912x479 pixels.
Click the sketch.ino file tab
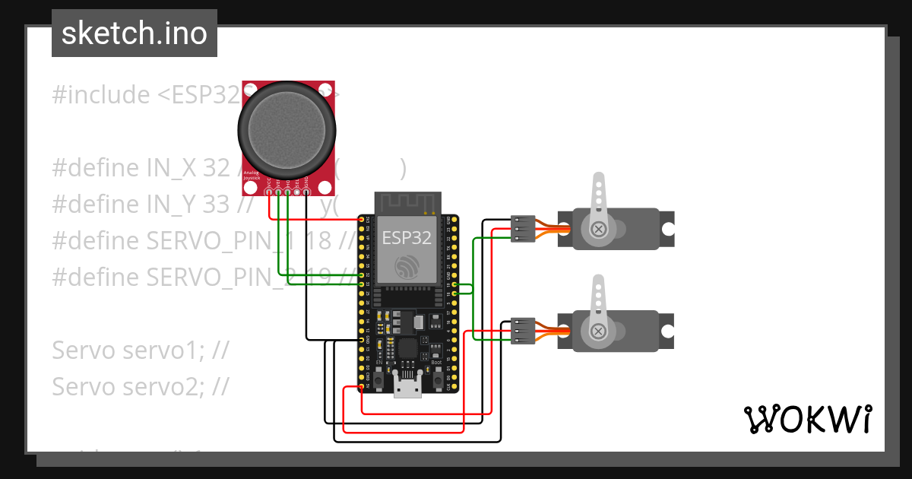point(134,33)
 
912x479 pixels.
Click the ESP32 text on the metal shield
point(407,238)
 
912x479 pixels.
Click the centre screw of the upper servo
point(599,228)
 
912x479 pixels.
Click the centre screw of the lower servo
point(599,331)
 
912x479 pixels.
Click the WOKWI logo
point(806,420)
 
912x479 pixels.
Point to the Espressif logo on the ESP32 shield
point(407,266)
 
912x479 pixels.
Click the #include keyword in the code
point(101,95)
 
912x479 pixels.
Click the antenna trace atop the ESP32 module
point(408,202)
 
